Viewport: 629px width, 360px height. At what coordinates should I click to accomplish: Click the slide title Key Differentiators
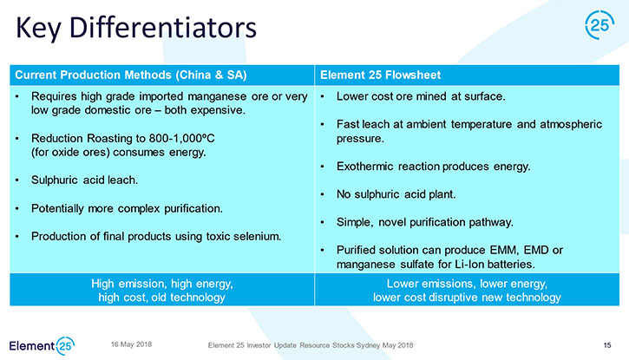[136, 28]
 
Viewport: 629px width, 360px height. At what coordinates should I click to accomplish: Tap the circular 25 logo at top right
[600, 25]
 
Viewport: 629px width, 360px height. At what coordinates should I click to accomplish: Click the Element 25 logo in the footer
[42, 345]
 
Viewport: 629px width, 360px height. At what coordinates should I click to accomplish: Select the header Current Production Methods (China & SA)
[131, 75]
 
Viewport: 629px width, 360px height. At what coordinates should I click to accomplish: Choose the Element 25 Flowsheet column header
[380, 75]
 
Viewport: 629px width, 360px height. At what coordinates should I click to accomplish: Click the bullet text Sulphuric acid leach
[85, 180]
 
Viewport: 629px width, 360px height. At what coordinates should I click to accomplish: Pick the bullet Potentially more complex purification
[127, 208]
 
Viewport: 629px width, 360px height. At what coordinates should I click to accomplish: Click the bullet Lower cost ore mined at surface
[421, 96]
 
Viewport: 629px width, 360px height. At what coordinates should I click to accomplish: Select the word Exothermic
[364, 167]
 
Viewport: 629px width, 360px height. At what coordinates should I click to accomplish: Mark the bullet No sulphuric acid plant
[396, 194]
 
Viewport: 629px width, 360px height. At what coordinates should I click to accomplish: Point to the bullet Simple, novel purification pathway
[425, 222]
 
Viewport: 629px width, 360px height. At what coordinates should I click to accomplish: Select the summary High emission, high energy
[162, 284]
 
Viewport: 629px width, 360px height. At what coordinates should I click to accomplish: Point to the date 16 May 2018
[131, 344]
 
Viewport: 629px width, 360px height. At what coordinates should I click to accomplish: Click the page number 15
[607, 345]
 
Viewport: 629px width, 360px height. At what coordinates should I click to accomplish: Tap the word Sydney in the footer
[368, 345]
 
